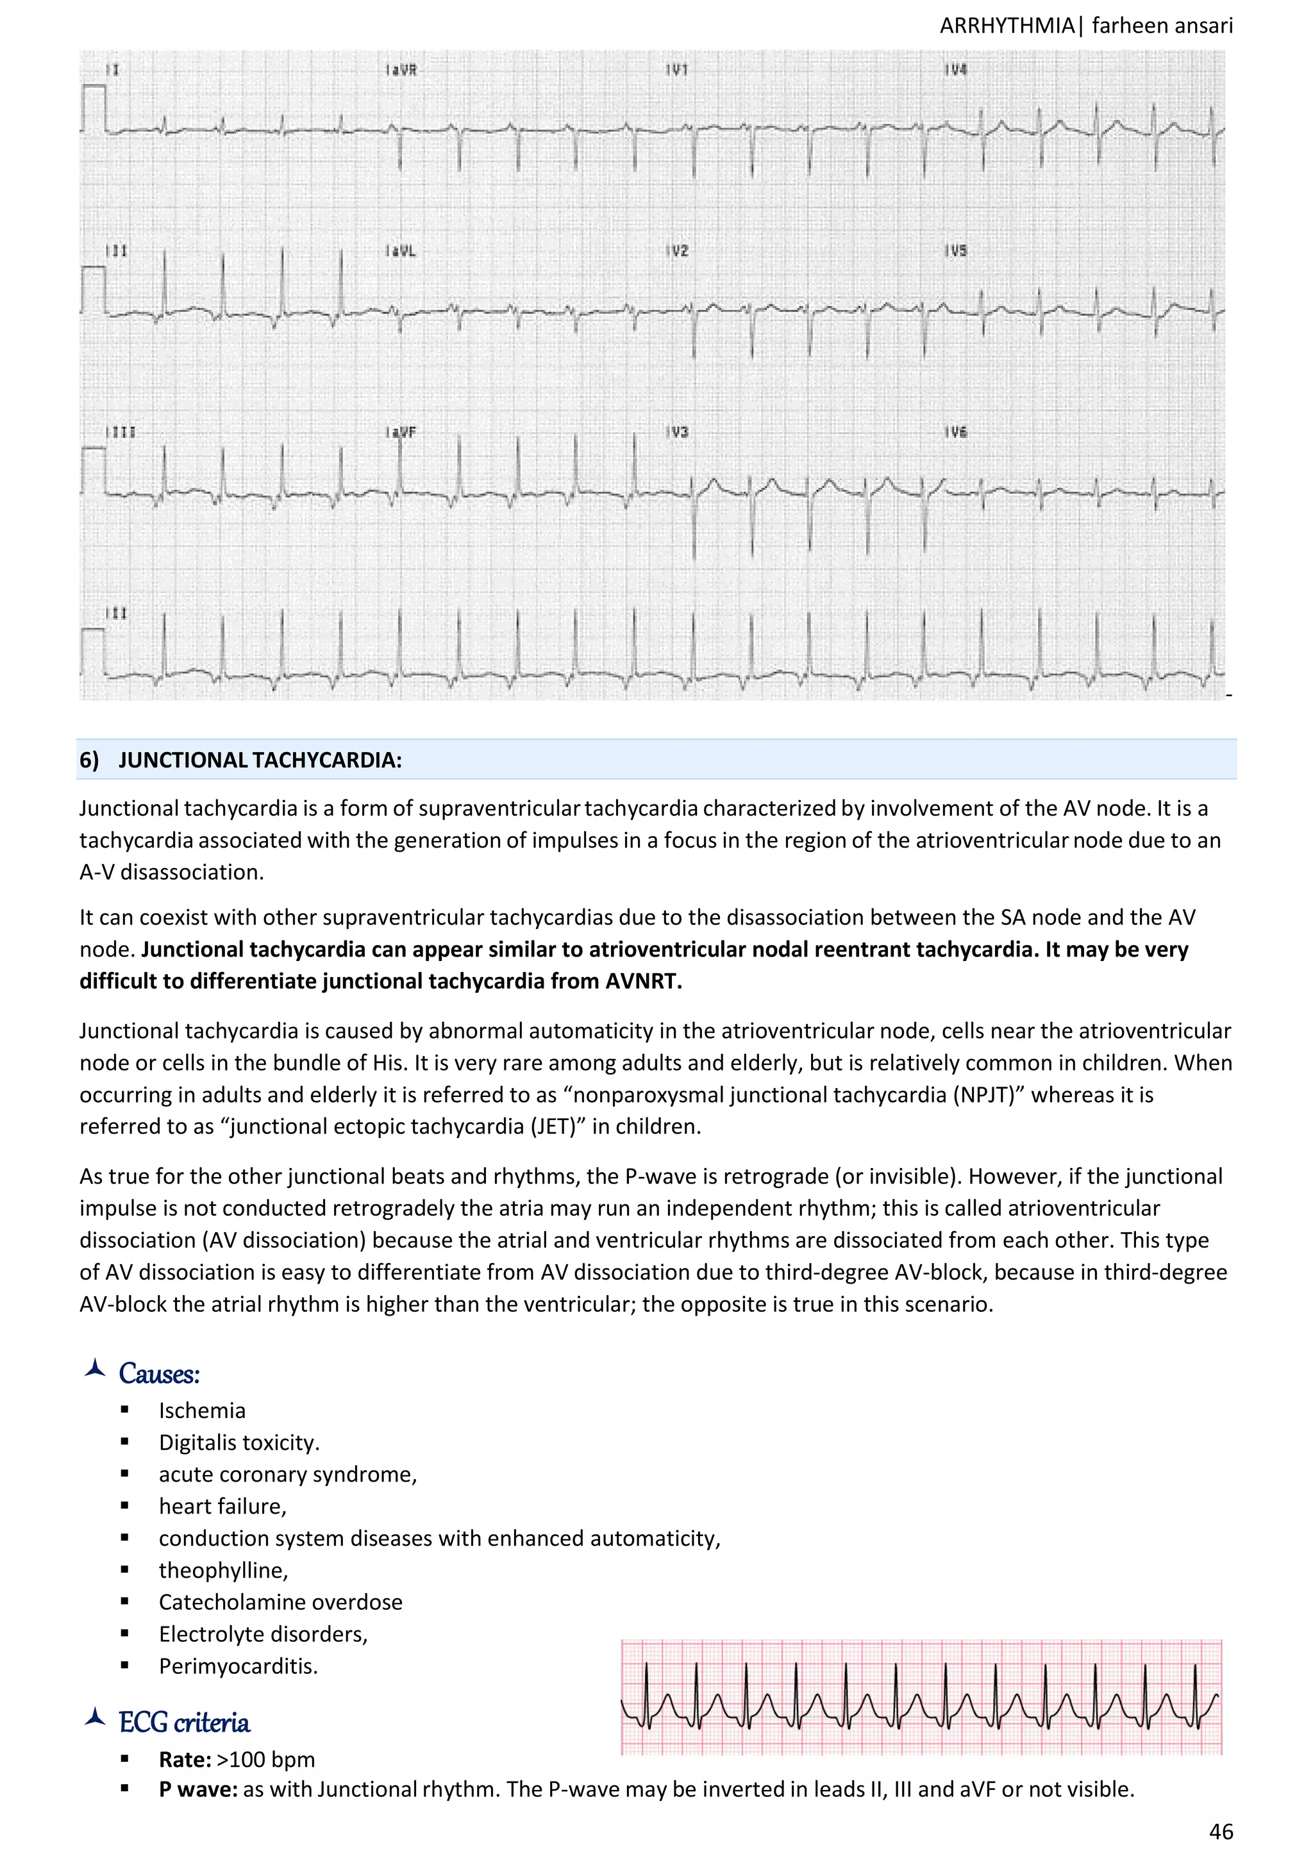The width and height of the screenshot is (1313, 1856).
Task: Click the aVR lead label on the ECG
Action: coord(402,71)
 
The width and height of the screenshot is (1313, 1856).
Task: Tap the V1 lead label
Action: coord(678,71)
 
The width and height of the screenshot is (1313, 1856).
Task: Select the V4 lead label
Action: coord(957,71)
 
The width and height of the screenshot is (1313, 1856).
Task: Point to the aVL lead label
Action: coord(402,251)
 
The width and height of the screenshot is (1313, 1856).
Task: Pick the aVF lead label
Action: coord(402,433)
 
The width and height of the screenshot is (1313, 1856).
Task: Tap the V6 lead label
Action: coord(957,433)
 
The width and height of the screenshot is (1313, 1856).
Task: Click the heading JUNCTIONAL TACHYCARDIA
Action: coord(260,760)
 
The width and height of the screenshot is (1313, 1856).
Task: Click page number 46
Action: coord(1221,1831)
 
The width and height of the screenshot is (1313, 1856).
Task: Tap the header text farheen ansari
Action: coord(1162,26)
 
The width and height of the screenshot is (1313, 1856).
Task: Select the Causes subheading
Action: coord(159,1373)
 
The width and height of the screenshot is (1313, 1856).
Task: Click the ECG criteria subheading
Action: coord(185,1723)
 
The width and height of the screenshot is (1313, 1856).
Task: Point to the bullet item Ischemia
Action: coord(202,1410)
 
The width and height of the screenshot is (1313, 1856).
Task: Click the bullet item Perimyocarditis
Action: coord(238,1666)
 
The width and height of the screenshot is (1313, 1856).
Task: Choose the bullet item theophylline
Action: coord(223,1570)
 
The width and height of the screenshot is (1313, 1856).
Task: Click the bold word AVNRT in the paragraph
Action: coord(651,982)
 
